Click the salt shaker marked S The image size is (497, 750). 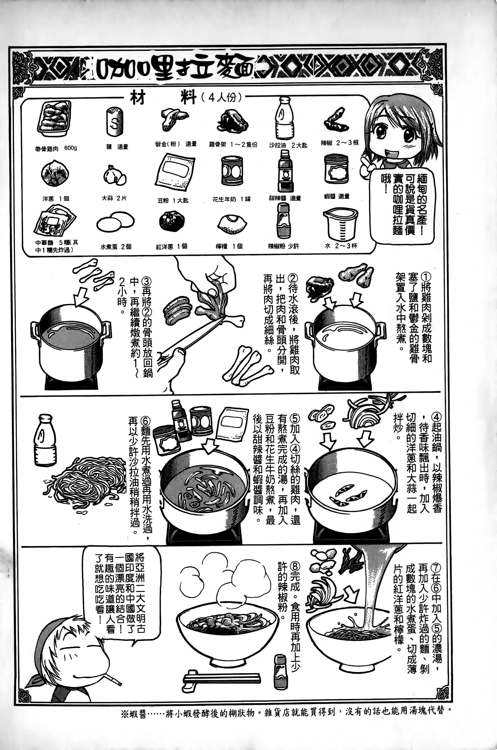point(114,122)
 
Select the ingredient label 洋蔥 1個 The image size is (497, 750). point(56,199)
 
